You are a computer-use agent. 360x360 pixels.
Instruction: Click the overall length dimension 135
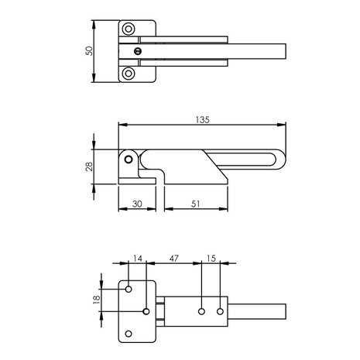(203, 119)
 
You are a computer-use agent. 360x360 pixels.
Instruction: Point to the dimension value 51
(197, 204)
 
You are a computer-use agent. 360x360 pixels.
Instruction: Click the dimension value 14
(138, 258)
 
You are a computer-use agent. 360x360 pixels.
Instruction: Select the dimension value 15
(211, 258)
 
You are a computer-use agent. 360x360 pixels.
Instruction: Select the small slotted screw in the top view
(137, 51)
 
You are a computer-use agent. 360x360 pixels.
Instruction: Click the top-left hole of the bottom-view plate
(129, 290)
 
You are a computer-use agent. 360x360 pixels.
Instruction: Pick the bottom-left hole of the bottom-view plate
(129, 334)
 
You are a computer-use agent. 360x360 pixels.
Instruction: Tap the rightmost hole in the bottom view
(220, 312)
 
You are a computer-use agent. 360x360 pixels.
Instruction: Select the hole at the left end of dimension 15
(201, 312)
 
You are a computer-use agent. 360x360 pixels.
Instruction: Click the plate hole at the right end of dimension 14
(146, 311)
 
